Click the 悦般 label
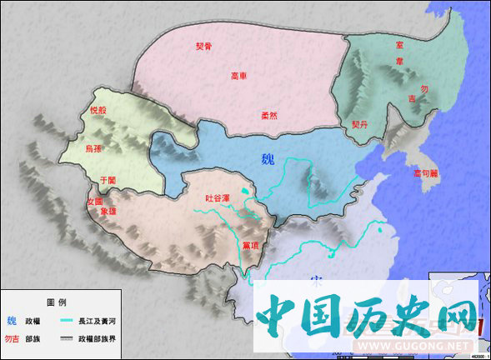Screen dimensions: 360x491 98,109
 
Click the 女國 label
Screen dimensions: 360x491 95,201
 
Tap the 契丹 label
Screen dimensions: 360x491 359,123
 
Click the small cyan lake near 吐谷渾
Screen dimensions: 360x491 243,192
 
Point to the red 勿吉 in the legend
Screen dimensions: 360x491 13,338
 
